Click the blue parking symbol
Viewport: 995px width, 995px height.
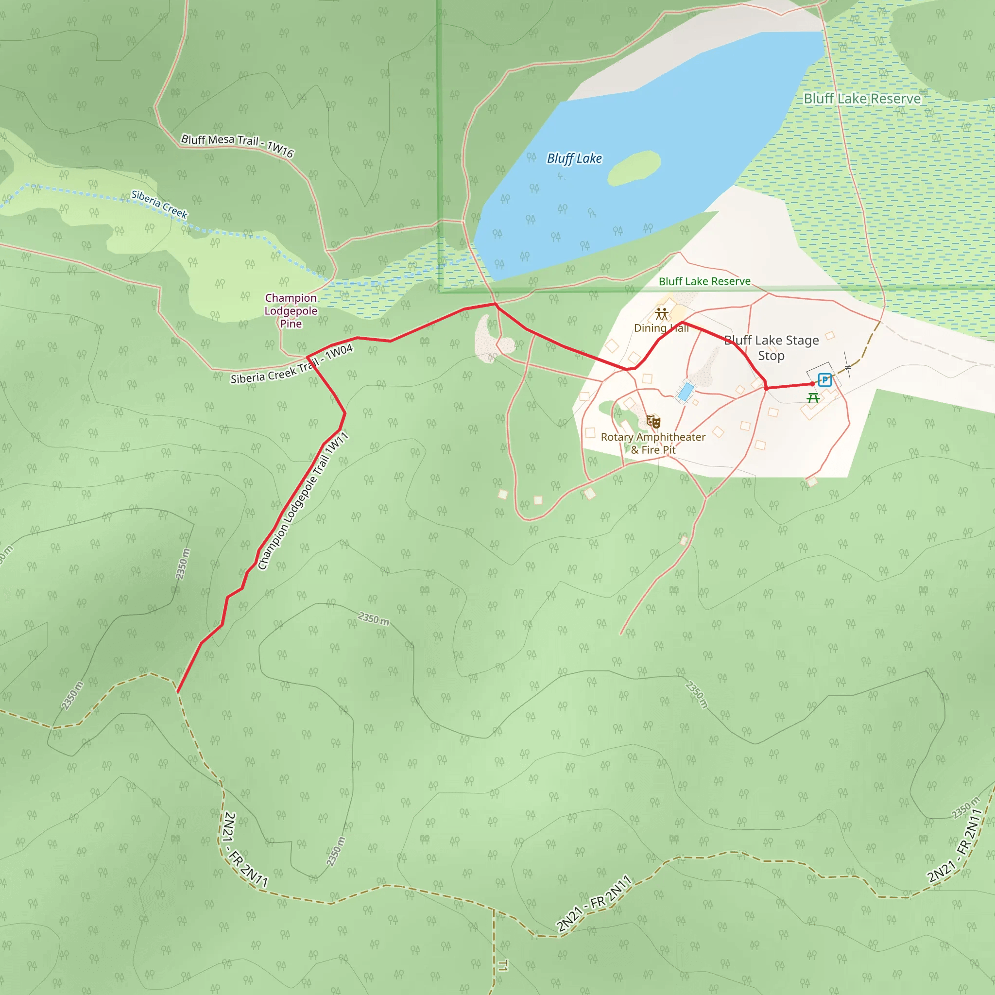[824, 380]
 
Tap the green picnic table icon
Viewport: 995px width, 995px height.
[813, 397]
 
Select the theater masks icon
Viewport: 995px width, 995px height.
[653, 422]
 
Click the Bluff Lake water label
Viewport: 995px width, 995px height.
[574, 158]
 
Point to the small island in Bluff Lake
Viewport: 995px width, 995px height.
[634, 168]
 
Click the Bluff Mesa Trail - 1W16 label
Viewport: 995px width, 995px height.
[238, 145]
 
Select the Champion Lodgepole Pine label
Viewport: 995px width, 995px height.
[291, 310]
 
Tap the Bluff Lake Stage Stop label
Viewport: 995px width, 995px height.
[771, 348]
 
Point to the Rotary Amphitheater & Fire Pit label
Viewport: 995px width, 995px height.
[653, 443]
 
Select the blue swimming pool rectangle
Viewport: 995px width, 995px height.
[686, 392]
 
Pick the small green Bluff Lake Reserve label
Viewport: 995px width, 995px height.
[704, 281]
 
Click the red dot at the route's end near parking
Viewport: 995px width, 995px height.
[813, 384]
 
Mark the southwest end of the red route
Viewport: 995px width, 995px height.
[177, 692]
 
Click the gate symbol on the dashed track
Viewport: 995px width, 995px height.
[848, 367]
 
